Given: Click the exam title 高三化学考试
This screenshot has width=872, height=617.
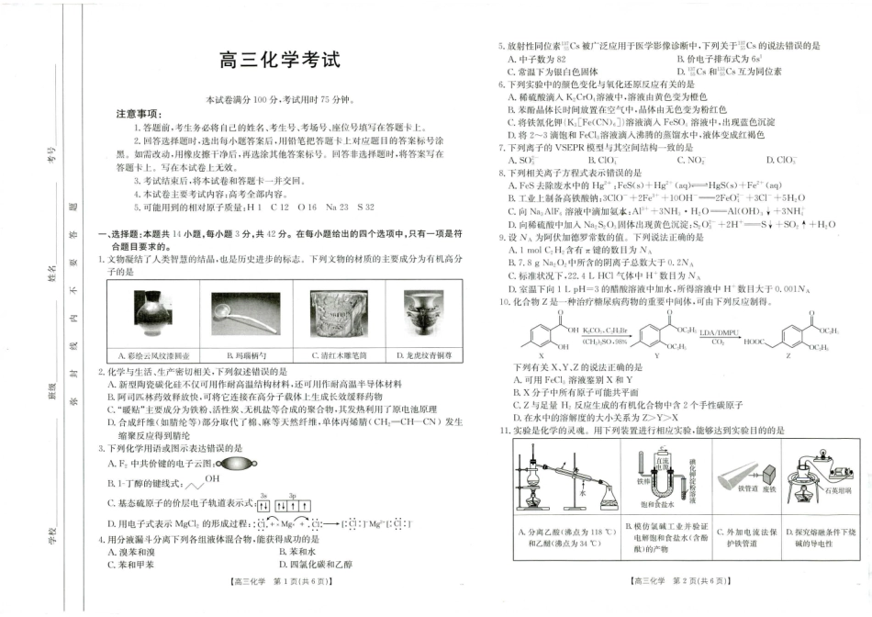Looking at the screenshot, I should tap(279, 61).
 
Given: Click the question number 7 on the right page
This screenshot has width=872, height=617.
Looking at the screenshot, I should tap(501, 147).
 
